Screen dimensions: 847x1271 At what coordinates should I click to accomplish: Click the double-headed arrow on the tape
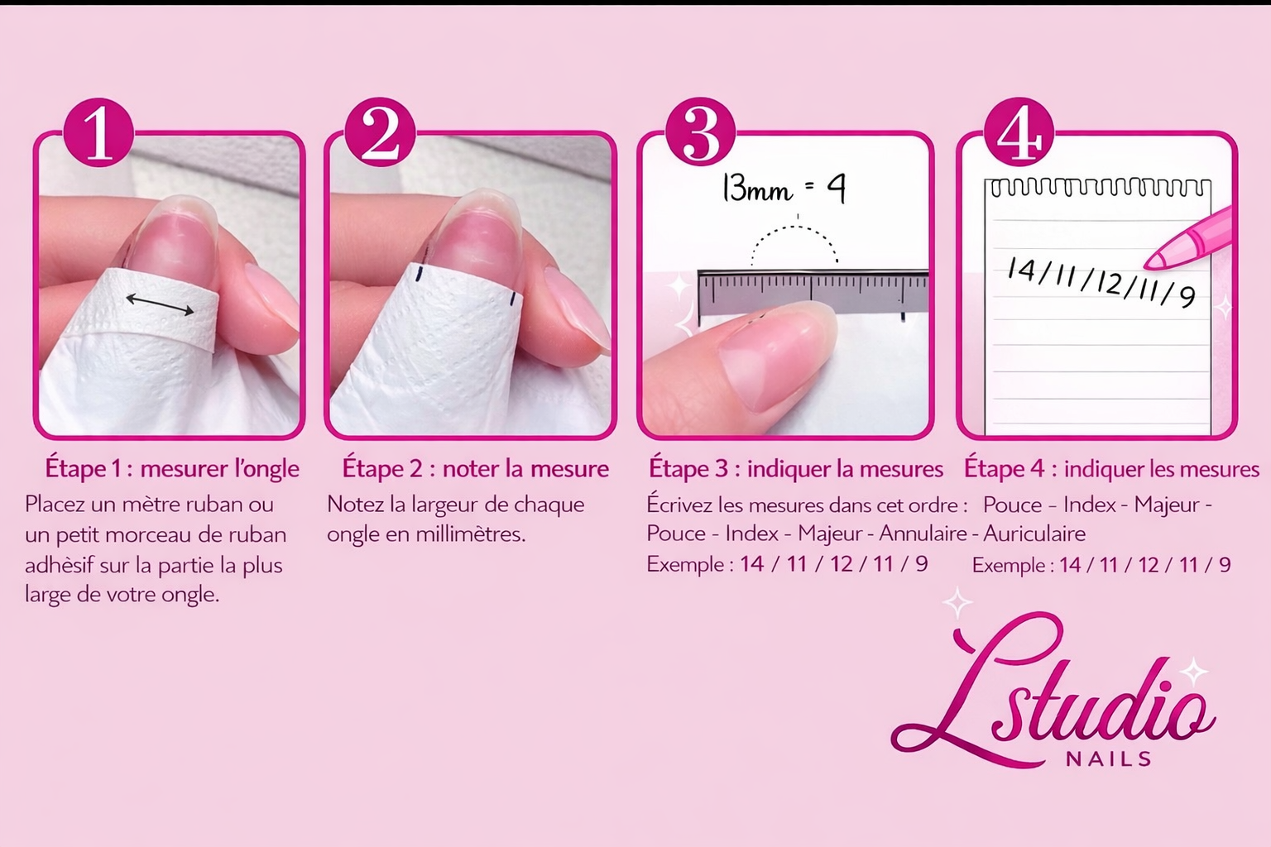160,304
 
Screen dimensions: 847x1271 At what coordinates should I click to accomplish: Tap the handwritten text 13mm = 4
783,189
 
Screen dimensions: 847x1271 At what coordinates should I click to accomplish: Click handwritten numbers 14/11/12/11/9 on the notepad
1101,282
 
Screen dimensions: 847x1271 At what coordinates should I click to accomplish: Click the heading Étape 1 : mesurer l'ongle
172,469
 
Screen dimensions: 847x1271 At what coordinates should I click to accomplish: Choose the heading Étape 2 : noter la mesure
475,469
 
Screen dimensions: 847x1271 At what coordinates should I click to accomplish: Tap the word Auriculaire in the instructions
1034,534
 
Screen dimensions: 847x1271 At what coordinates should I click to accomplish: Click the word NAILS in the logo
1109,758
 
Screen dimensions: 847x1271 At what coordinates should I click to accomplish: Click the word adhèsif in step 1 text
59,566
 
